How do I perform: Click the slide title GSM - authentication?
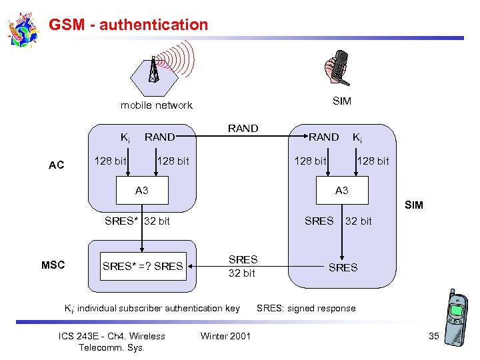click(x=129, y=25)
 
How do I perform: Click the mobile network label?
click(x=156, y=105)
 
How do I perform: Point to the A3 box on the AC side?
click(x=141, y=191)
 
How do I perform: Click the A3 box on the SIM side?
click(x=341, y=191)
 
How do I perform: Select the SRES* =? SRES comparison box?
click(x=142, y=266)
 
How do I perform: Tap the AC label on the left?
click(x=57, y=165)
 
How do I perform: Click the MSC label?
click(x=53, y=265)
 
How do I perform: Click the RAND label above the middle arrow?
click(x=243, y=129)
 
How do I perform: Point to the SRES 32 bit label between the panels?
click(x=243, y=266)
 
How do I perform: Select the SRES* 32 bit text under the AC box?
click(x=137, y=221)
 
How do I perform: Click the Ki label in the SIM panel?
click(x=358, y=138)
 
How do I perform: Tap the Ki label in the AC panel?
click(x=124, y=138)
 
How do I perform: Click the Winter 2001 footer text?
click(x=225, y=336)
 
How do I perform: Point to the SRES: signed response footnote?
click(x=306, y=309)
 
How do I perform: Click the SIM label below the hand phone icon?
click(x=341, y=101)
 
